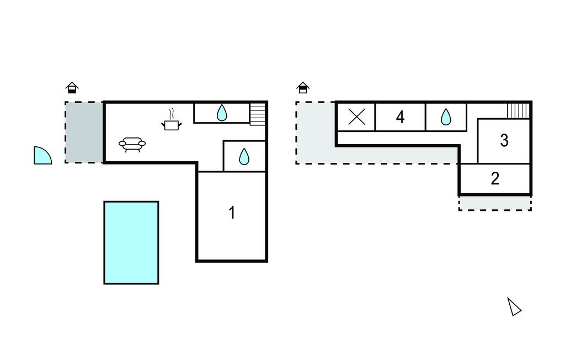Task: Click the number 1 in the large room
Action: (x=232, y=213)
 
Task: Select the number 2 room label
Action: (x=495, y=178)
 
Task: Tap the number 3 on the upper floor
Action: (x=504, y=140)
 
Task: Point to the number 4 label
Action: (x=401, y=117)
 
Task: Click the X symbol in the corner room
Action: (x=357, y=117)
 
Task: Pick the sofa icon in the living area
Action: (x=132, y=145)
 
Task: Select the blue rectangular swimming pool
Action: (x=131, y=242)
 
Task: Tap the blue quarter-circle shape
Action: (x=41, y=156)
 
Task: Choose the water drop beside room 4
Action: (x=446, y=117)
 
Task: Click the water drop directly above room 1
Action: (x=244, y=157)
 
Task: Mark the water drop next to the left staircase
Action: (x=221, y=113)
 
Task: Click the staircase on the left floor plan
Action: (x=258, y=114)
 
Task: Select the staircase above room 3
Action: (x=518, y=110)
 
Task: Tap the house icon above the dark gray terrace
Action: (x=72, y=87)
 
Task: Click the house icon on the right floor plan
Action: (x=303, y=87)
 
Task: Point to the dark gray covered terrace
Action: (x=84, y=132)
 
